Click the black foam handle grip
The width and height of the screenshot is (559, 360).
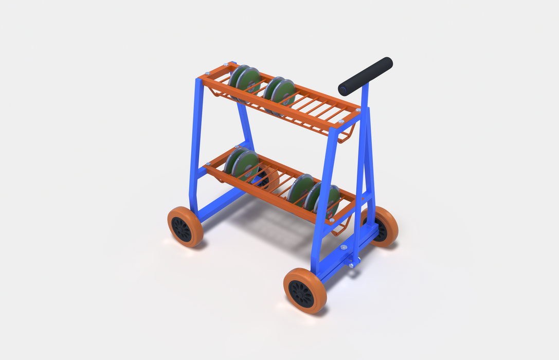(x=368, y=75)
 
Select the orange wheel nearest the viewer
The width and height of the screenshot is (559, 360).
(x=304, y=291)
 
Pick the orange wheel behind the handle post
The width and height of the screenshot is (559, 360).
(x=383, y=226)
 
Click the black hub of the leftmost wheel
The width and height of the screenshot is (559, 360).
(x=182, y=229)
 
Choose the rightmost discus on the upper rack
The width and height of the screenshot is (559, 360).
(x=283, y=92)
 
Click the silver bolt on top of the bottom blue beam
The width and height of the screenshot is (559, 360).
(x=344, y=247)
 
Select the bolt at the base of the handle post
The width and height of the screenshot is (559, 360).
(x=352, y=265)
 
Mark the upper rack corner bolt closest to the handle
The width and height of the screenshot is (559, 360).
(x=357, y=110)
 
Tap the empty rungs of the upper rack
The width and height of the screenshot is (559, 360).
(x=321, y=109)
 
